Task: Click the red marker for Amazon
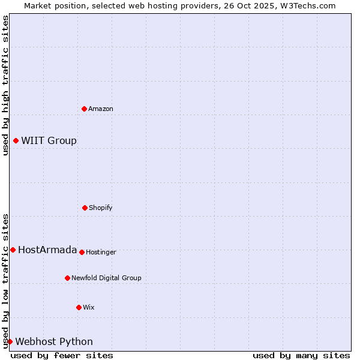pyautogui.click(x=85, y=109)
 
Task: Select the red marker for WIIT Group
pyautogui.click(x=16, y=140)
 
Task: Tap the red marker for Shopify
pyautogui.click(x=85, y=208)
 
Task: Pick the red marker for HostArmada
pyautogui.click(x=13, y=250)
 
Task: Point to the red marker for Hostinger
pyautogui.click(x=82, y=252)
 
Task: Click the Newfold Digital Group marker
pyautogui.click(x=67, y=278)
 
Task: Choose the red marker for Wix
pyautogui.click(x=79, y=307)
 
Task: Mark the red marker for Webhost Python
pyautogui.click(x=10, y=341)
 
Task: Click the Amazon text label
pyautogui.click(x=101, y=109)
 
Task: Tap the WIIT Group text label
pyautogui.click(x=49, y=141)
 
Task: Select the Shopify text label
pyautogui.click(x=101, y=208)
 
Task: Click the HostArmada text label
pyautogui.click(x=47, y=250)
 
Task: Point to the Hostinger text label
pyautogui.click(x=101, y=252)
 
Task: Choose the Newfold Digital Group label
pyautogui.click(x=106, y=278)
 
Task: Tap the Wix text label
pyautogui.click(x=89, y=307)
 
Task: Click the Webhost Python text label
pyautogui.click(x=54, y=342)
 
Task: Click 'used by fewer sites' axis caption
pyautogui.click(x=62, y=355)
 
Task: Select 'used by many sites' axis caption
pyautogui.click(x=301, y=355)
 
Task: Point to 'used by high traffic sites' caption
pyautogui.click(x=5, y=85)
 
